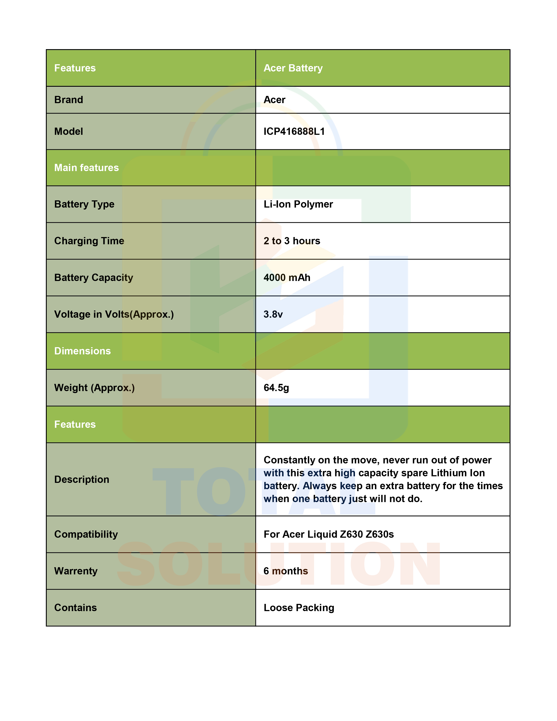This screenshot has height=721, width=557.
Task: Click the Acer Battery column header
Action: coord(293,68)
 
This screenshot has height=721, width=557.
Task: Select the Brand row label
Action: coord(69,100)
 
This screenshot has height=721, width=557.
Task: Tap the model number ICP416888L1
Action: coord(294,131)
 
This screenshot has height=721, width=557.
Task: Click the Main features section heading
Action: coord(86,168)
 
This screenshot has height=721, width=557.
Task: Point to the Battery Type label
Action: coord(84,204)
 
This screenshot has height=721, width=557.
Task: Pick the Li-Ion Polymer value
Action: coord(298,204)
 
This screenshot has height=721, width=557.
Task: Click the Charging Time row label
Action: coord(89,241)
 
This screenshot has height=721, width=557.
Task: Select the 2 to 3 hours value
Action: coord(292,241)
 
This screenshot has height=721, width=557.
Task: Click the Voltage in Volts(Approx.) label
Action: coord(114,314)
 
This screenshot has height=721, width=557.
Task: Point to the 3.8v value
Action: coord(273,314)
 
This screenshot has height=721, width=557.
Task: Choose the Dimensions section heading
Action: coord(83,351)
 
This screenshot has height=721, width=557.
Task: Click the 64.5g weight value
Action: coord(276,388)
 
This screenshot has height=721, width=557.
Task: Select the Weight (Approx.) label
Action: coord(94,388)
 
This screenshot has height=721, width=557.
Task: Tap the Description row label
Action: coord(81,479)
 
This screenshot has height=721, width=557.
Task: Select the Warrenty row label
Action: coord(76,571)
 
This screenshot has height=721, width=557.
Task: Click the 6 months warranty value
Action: coord(285,571)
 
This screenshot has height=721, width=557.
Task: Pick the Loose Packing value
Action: coord(299,607)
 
